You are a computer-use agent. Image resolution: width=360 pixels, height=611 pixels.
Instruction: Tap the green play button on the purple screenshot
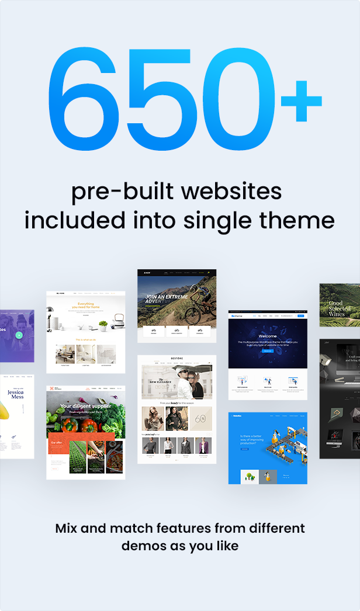19,335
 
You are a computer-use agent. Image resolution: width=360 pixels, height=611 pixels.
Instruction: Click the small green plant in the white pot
103,325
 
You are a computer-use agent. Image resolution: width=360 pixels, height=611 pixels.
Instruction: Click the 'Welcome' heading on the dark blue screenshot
267,335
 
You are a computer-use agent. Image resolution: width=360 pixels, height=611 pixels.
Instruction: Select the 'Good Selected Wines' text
336,308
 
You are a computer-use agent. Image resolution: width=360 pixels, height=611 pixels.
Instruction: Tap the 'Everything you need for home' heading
85,306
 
